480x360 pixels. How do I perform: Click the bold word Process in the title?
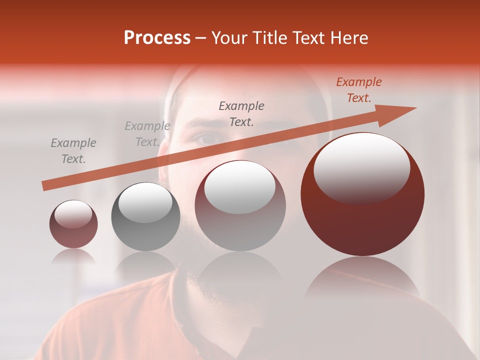(x=157, y=38)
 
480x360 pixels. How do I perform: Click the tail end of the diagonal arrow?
(x=45, y=186)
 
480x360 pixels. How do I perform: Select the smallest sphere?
(x=73, y=224)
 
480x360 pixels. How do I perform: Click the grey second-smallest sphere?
(x=145, y=217)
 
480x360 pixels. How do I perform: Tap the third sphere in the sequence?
(x=240, y=206)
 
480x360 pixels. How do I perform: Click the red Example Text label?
(x=359, y=90)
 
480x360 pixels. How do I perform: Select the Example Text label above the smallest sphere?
(x=73, y=151)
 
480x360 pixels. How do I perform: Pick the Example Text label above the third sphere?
(x=241, y=113)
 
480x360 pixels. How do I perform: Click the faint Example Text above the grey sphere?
(x=147, y=134)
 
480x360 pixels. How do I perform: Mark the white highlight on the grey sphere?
(x=145, y=202)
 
